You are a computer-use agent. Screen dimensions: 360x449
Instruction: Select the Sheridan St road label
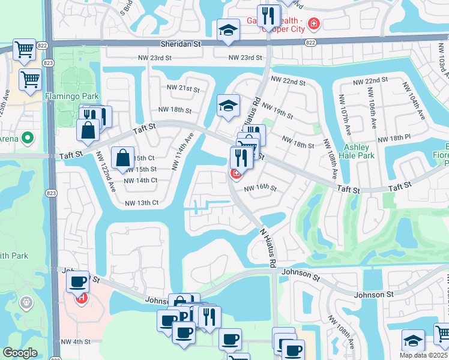pos(180,44)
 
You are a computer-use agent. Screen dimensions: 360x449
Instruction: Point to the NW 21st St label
pos(183,89)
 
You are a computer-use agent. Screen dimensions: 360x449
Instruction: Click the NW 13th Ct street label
pos(141,203)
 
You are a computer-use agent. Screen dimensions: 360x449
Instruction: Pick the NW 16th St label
pos(260,188)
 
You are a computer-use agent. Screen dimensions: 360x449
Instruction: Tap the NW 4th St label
pos(75,342)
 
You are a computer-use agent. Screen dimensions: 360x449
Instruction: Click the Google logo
pos(20,353)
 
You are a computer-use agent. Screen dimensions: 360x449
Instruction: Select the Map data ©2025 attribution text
pos(423,355)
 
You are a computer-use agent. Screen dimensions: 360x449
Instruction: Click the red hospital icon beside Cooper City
pos(313,24)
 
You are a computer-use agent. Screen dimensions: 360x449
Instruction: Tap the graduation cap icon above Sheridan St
pos(228,31)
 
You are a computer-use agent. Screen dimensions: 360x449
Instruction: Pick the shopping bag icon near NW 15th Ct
pos(122,158)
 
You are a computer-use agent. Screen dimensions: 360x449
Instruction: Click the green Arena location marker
pos(27,139)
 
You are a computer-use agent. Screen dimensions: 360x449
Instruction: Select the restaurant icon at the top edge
pos(268,14)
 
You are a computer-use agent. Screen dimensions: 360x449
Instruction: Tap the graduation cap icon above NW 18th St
pos(228,106)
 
